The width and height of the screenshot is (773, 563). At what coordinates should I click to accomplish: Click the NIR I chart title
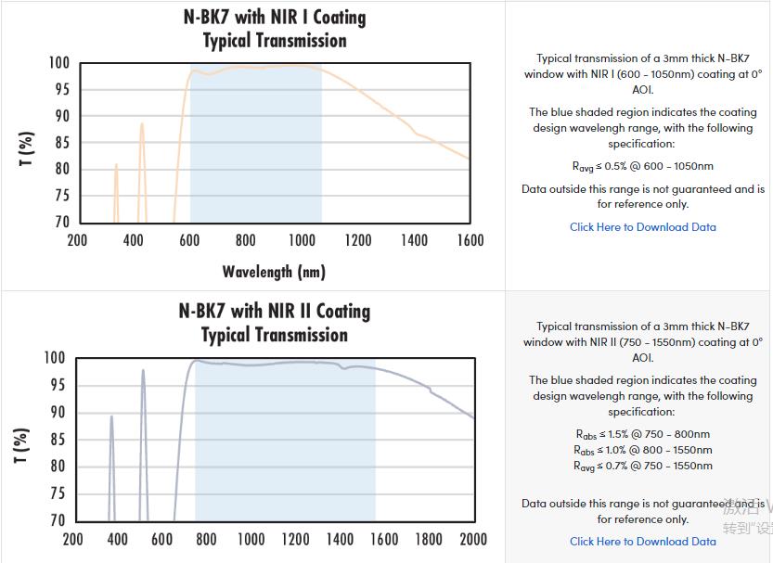click(x=275, y=29)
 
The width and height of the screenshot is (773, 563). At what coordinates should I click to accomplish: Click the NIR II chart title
click(x=275, y=323)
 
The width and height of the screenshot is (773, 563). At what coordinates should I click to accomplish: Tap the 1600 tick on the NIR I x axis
click(x=470, y=240)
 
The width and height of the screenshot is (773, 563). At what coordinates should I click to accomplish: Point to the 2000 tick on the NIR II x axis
click(x=473, y=539)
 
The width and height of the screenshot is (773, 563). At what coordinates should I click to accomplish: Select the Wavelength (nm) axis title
click(x=274, y=272)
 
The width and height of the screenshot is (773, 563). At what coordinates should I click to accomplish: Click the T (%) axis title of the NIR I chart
click(x=26, y=149)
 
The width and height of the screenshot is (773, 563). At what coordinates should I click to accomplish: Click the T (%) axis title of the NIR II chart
click(x=21, y=446)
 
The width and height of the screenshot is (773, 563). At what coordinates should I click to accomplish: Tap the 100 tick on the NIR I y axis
click(x=58, y=63)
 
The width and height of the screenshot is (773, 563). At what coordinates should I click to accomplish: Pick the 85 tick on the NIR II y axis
click(x=56, y=440)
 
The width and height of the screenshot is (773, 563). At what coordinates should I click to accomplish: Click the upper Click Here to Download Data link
click(x=642, y=227)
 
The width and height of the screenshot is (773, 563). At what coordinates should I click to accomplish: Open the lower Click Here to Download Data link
click(x=642, y=542)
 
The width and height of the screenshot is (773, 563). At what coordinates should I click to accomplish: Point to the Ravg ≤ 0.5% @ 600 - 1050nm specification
click(x=642, y=167)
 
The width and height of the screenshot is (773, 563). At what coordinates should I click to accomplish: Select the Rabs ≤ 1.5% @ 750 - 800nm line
click(x=642, y=434)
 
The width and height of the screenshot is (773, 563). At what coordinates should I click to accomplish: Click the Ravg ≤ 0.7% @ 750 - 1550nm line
click(x=642, y=466)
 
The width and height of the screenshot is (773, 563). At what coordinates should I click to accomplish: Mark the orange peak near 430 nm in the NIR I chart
click(x=142, y=124)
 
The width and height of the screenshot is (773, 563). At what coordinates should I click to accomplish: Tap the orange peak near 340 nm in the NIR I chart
click(x=116, y=166)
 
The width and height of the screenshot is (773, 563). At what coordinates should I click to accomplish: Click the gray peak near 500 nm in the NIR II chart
click(x=143, y=371)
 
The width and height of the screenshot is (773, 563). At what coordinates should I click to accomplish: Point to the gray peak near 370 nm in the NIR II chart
click(x=111, y=417)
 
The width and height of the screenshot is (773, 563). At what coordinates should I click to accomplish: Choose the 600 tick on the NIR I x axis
click(x=189, y=240)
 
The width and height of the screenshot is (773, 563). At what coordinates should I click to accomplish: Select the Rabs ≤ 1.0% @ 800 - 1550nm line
click(x=642, y=450)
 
